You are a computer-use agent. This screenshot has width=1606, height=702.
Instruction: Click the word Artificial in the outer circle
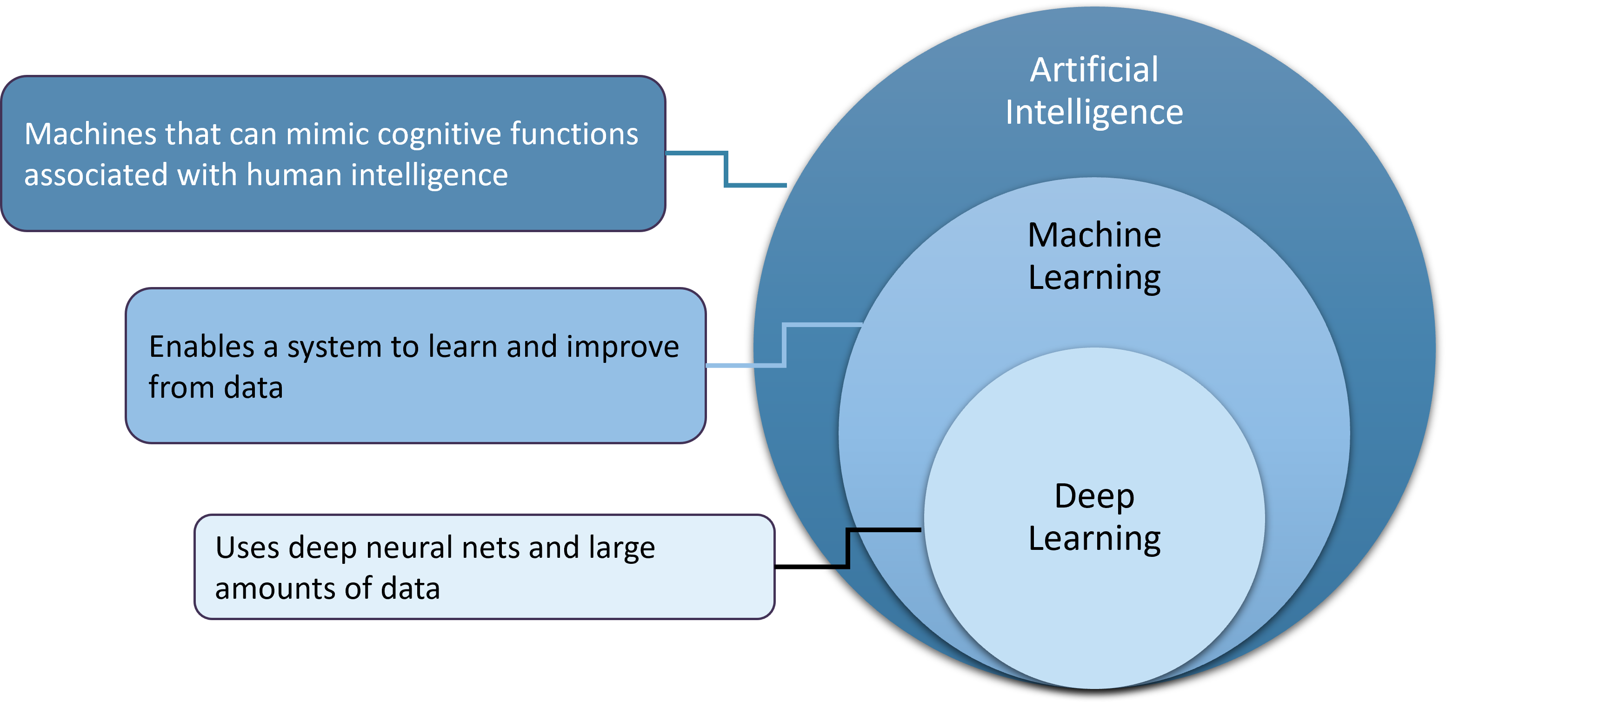[1093, 70]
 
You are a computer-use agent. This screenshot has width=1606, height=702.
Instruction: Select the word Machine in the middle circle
[1094, 236]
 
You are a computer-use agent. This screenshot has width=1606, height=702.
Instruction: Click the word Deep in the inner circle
[1094, 497]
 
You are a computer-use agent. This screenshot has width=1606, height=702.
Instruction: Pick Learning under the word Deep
[1094, 539]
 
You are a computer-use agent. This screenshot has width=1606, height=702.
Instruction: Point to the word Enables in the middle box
[201, 347]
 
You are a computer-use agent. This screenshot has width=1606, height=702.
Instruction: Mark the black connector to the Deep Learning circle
[848, 548]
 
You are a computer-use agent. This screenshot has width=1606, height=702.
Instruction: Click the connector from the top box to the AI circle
[726, 168]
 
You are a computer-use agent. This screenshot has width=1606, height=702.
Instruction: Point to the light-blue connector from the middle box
[784, 344]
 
